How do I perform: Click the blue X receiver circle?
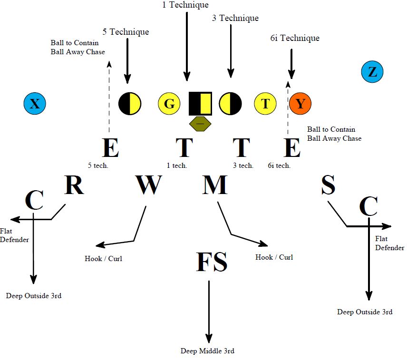click(x=35, y=104)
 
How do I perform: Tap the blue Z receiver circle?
click(x=372, y=72)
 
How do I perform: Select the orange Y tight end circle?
click(x=300, y=104)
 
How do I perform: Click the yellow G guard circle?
click(x=169, y=104)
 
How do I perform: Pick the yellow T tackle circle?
click(x=265, y=104)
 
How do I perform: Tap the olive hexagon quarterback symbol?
click(x=200, y=123)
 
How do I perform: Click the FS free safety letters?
click(x=212, y=263)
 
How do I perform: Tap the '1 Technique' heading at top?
click(x=185, y=5)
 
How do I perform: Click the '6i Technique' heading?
click(x=294, y=38)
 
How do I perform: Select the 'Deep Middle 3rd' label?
click(x=207, y=351)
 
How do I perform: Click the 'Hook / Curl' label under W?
click(x=104, y=259)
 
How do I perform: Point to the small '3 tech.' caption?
click(x=243, y=165)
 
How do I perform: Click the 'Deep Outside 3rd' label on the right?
click(x=365, y=312)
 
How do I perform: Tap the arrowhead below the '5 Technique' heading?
click(x=127, y=79)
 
